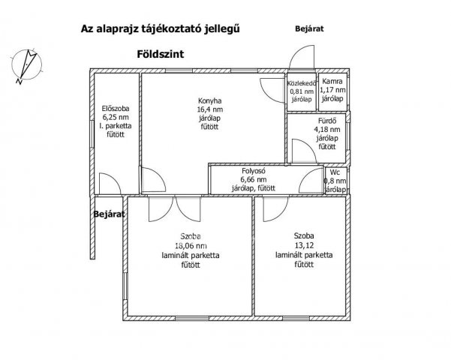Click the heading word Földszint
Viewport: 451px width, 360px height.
coord(160,54)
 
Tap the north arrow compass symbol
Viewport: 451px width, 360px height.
coord(26,66)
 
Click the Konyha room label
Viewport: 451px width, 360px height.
coord(209,100)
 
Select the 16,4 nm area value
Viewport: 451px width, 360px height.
coord(209,109)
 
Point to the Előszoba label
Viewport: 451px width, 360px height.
coord(116,109)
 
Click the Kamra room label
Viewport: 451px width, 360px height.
coord(332,81)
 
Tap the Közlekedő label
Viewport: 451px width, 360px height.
coord(302,83)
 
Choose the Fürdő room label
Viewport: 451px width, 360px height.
coord(327,121)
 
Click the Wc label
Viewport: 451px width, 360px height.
coord(335,172)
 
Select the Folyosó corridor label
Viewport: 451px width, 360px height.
coord(254,171)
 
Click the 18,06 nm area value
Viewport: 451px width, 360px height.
coord(191,245)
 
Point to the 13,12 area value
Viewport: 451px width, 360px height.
coord(304,245)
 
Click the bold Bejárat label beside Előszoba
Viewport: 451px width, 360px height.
coord(109,214)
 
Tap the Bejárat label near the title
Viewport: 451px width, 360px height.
coord(309,28)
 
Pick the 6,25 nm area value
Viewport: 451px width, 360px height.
coord(116,117)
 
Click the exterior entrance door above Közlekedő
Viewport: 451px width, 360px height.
coord(302,58)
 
